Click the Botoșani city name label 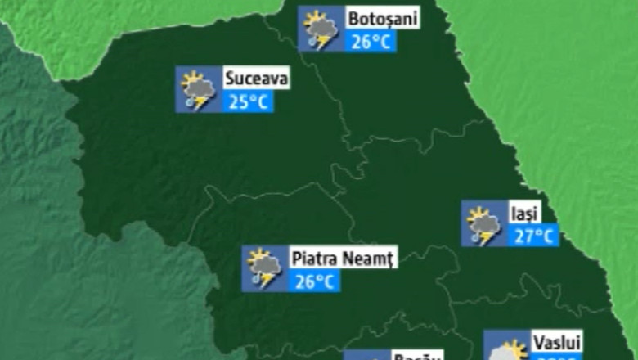tap(382, 19)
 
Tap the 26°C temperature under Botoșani tap(371, 41)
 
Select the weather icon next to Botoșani tap(320, 29)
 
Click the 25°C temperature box tap(248, 102)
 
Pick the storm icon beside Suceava tap(198, 90)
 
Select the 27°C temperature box tap(536, 236)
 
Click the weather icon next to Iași tap(483, 224)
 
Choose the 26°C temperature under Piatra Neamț tap(315, 281)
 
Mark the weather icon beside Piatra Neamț tap(264, 269)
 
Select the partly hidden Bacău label tap(417, 356)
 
